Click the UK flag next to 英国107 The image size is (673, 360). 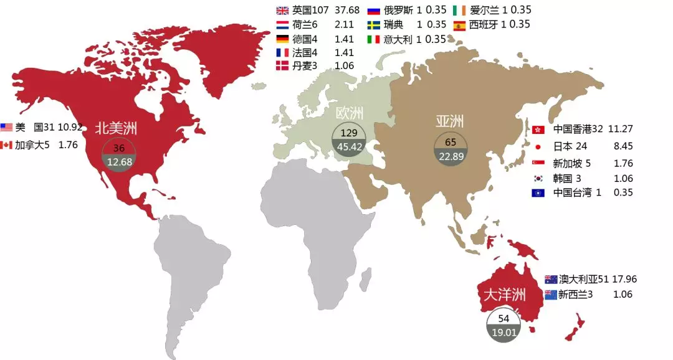pyautogui.click(x=282, y=11)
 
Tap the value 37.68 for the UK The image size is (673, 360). pyautogui.click(x=348, y=11)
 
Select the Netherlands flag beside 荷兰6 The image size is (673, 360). pyautogui.click(x=282, y=25)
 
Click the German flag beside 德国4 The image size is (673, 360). pyautogui.click(x=282, y=39)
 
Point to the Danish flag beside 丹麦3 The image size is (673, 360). pyautogui.click(x=282, y=66)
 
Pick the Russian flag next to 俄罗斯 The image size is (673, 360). pyautogui.click(x=374, y=11)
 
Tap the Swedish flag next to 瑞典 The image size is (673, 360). pyautogui.click(x=374, y=25)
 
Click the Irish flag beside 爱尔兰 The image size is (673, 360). pyautogui.click(x=459, y=11)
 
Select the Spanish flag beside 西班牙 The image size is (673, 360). pyautogui.click(x=459, y=25)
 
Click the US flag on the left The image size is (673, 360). pyautogui.click(x=7, y=127)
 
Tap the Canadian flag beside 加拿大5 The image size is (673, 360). pyautogui.click(x=7, y=144)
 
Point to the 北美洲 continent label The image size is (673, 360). pyautogui.click(x=116, y=129)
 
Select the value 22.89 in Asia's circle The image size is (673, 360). pyautogui.click(x=451, y=156)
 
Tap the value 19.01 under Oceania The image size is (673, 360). pyautogui.click(x=504, y=333)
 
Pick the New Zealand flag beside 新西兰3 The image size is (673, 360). pyautogui.click(x=551, y=295)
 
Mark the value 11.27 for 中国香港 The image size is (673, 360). pyautogui.click(x=621, y=129)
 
